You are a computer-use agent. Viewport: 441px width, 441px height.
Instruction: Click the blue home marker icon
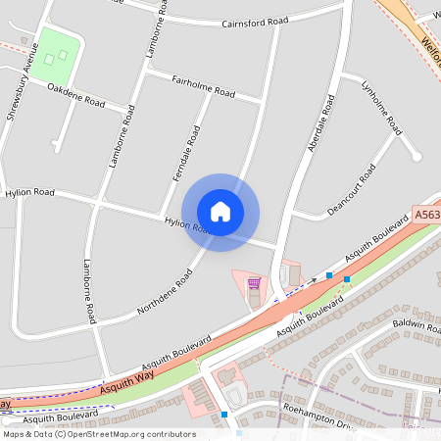pos(220,211)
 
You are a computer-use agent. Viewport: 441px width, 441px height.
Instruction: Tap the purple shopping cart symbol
pos(254,284)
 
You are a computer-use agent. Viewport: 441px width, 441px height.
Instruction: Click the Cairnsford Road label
pos(255,21)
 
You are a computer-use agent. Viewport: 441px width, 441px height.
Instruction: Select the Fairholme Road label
pos(203,85)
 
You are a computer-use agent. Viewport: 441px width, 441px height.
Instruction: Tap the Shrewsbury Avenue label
pos(24,81)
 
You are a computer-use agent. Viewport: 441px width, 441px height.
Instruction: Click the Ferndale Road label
pos(186,156)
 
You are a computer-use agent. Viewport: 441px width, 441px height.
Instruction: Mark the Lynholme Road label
pos(381,107)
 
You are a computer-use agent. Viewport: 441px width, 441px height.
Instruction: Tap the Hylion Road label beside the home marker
pos(186,225)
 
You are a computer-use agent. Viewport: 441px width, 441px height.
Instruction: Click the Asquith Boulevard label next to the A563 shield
pos(371,241)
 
